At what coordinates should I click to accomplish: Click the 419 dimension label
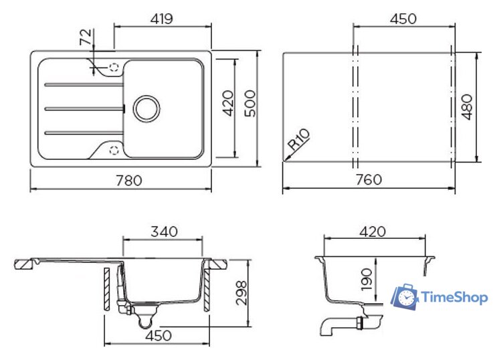pos(162,19)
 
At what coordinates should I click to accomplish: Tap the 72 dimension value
pos(86,37)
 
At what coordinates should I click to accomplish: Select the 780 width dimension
pos(129,181)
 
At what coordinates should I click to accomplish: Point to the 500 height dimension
pos(250,104)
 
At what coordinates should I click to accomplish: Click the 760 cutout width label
pos(369,180)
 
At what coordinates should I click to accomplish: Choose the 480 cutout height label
pos(467,107)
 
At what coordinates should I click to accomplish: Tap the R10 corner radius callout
pos(298,140)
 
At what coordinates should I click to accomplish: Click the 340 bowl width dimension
pos(164,232)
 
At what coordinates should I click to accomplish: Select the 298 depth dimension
pos(242,292)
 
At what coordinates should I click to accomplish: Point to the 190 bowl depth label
pos(367,280)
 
